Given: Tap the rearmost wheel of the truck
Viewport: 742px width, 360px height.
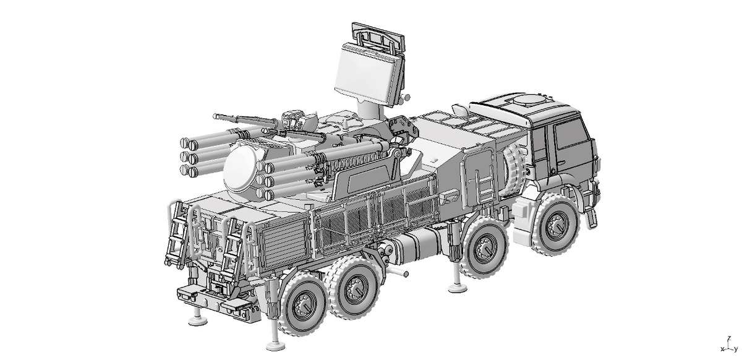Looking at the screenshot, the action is click(302, 303).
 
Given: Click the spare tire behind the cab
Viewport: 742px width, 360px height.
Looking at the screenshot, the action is click(514, 171).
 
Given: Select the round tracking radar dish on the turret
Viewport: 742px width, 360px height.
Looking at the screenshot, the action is click(241, 169).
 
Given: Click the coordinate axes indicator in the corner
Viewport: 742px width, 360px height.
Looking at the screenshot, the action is click(730, 344).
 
